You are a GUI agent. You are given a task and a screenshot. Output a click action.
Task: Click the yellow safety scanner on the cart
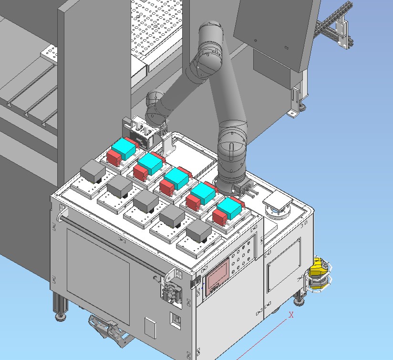point(318,274)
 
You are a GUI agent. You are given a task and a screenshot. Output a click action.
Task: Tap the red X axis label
point(291,315)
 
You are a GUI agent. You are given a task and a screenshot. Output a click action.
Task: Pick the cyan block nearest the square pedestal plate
point(229,208)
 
